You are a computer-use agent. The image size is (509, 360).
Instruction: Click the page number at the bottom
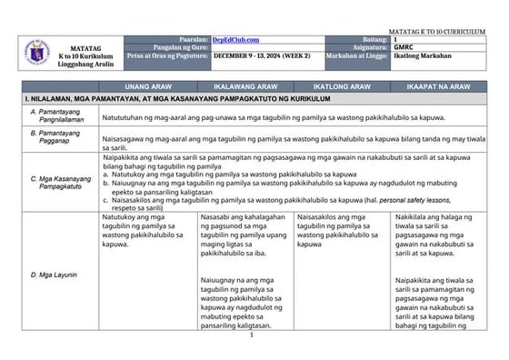(251, 335)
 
